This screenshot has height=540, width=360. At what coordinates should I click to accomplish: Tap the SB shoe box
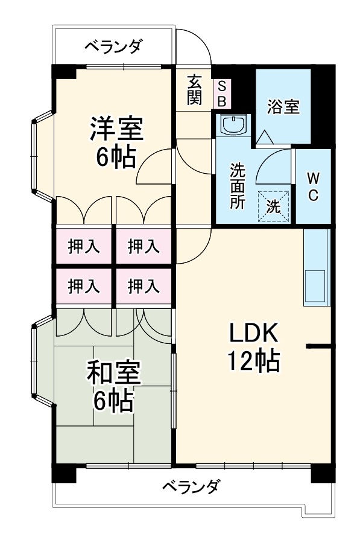(221, 94)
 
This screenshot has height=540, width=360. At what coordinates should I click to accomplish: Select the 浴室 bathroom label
(283, 106)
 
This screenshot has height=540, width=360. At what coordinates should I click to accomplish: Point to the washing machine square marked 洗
(274, 206)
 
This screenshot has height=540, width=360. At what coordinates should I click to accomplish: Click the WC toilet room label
(313, 186)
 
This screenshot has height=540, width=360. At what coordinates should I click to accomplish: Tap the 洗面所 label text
(236, 186)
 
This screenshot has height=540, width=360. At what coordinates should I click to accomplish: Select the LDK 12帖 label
(253, 346)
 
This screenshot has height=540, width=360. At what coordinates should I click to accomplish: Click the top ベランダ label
(113, 46)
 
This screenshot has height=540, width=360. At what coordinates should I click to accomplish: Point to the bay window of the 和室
(42, 366)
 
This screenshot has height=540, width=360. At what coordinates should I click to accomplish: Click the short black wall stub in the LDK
(319, 346)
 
